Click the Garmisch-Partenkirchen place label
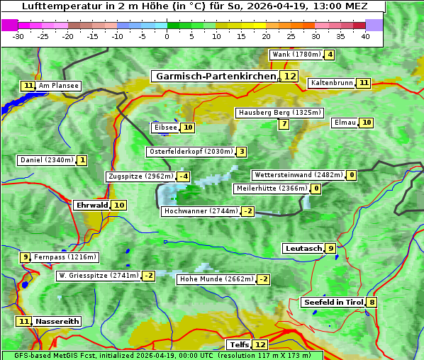pos(215,76)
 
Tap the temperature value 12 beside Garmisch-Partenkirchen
pos(289,76)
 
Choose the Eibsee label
pos(164,128)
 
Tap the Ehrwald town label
pos(91,205)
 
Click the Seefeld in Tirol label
pos(333,303)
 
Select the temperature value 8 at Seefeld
pos(372,303)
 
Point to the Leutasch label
pos(303,248)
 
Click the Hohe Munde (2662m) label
pos(216,279)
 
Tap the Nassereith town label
pos(57,321)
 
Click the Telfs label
pos(239,345)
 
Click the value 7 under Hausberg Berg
pos(284,124)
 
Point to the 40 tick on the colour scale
pos(365,36)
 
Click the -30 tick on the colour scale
pos(18,36)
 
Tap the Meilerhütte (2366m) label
pos(272,189)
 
